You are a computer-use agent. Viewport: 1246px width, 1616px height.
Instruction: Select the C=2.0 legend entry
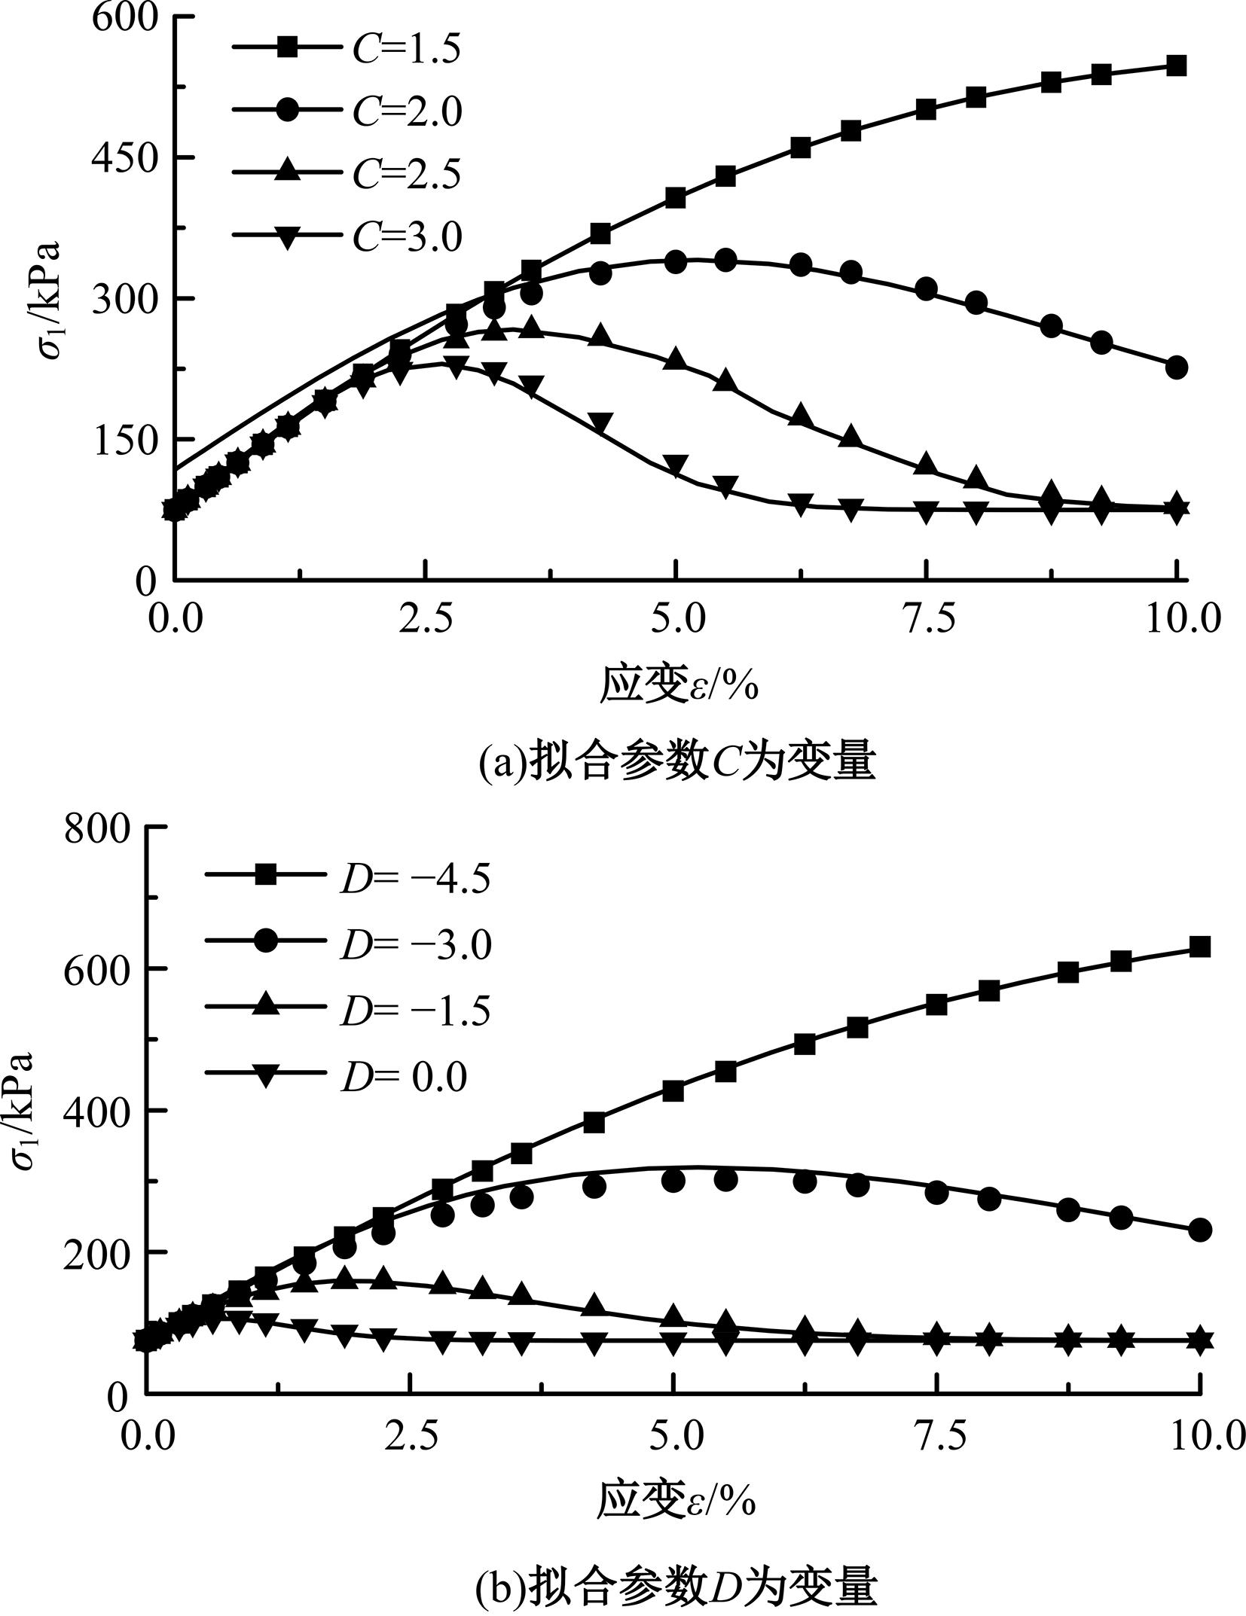[347, 111]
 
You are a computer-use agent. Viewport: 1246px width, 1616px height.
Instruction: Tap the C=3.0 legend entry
[347, 236]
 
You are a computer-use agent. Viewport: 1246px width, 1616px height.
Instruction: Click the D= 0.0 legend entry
[336, 1078]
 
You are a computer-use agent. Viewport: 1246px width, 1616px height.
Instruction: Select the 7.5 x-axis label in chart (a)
[927, 619]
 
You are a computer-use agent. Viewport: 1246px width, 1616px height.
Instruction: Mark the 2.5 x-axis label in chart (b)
[410, 1437]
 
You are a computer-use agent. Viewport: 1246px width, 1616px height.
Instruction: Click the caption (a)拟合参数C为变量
[677, 762]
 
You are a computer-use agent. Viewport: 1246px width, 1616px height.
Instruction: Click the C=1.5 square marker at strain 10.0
[1176, 66]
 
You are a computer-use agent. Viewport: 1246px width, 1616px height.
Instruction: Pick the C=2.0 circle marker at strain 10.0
[1176, 367]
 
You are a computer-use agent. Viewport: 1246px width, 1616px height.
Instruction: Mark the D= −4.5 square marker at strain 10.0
[1199, 947]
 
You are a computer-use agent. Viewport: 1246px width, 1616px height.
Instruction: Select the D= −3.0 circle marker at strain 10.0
[1199, 1230]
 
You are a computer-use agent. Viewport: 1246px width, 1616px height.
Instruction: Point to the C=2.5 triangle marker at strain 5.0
[676, 359]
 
